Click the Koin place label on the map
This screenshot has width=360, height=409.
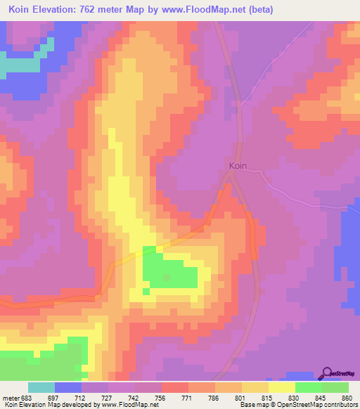[238, 167]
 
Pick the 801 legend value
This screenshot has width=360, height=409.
[239, 397]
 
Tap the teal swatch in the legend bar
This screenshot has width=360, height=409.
[41, 387]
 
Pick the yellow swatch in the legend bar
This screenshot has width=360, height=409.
[281, 387]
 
